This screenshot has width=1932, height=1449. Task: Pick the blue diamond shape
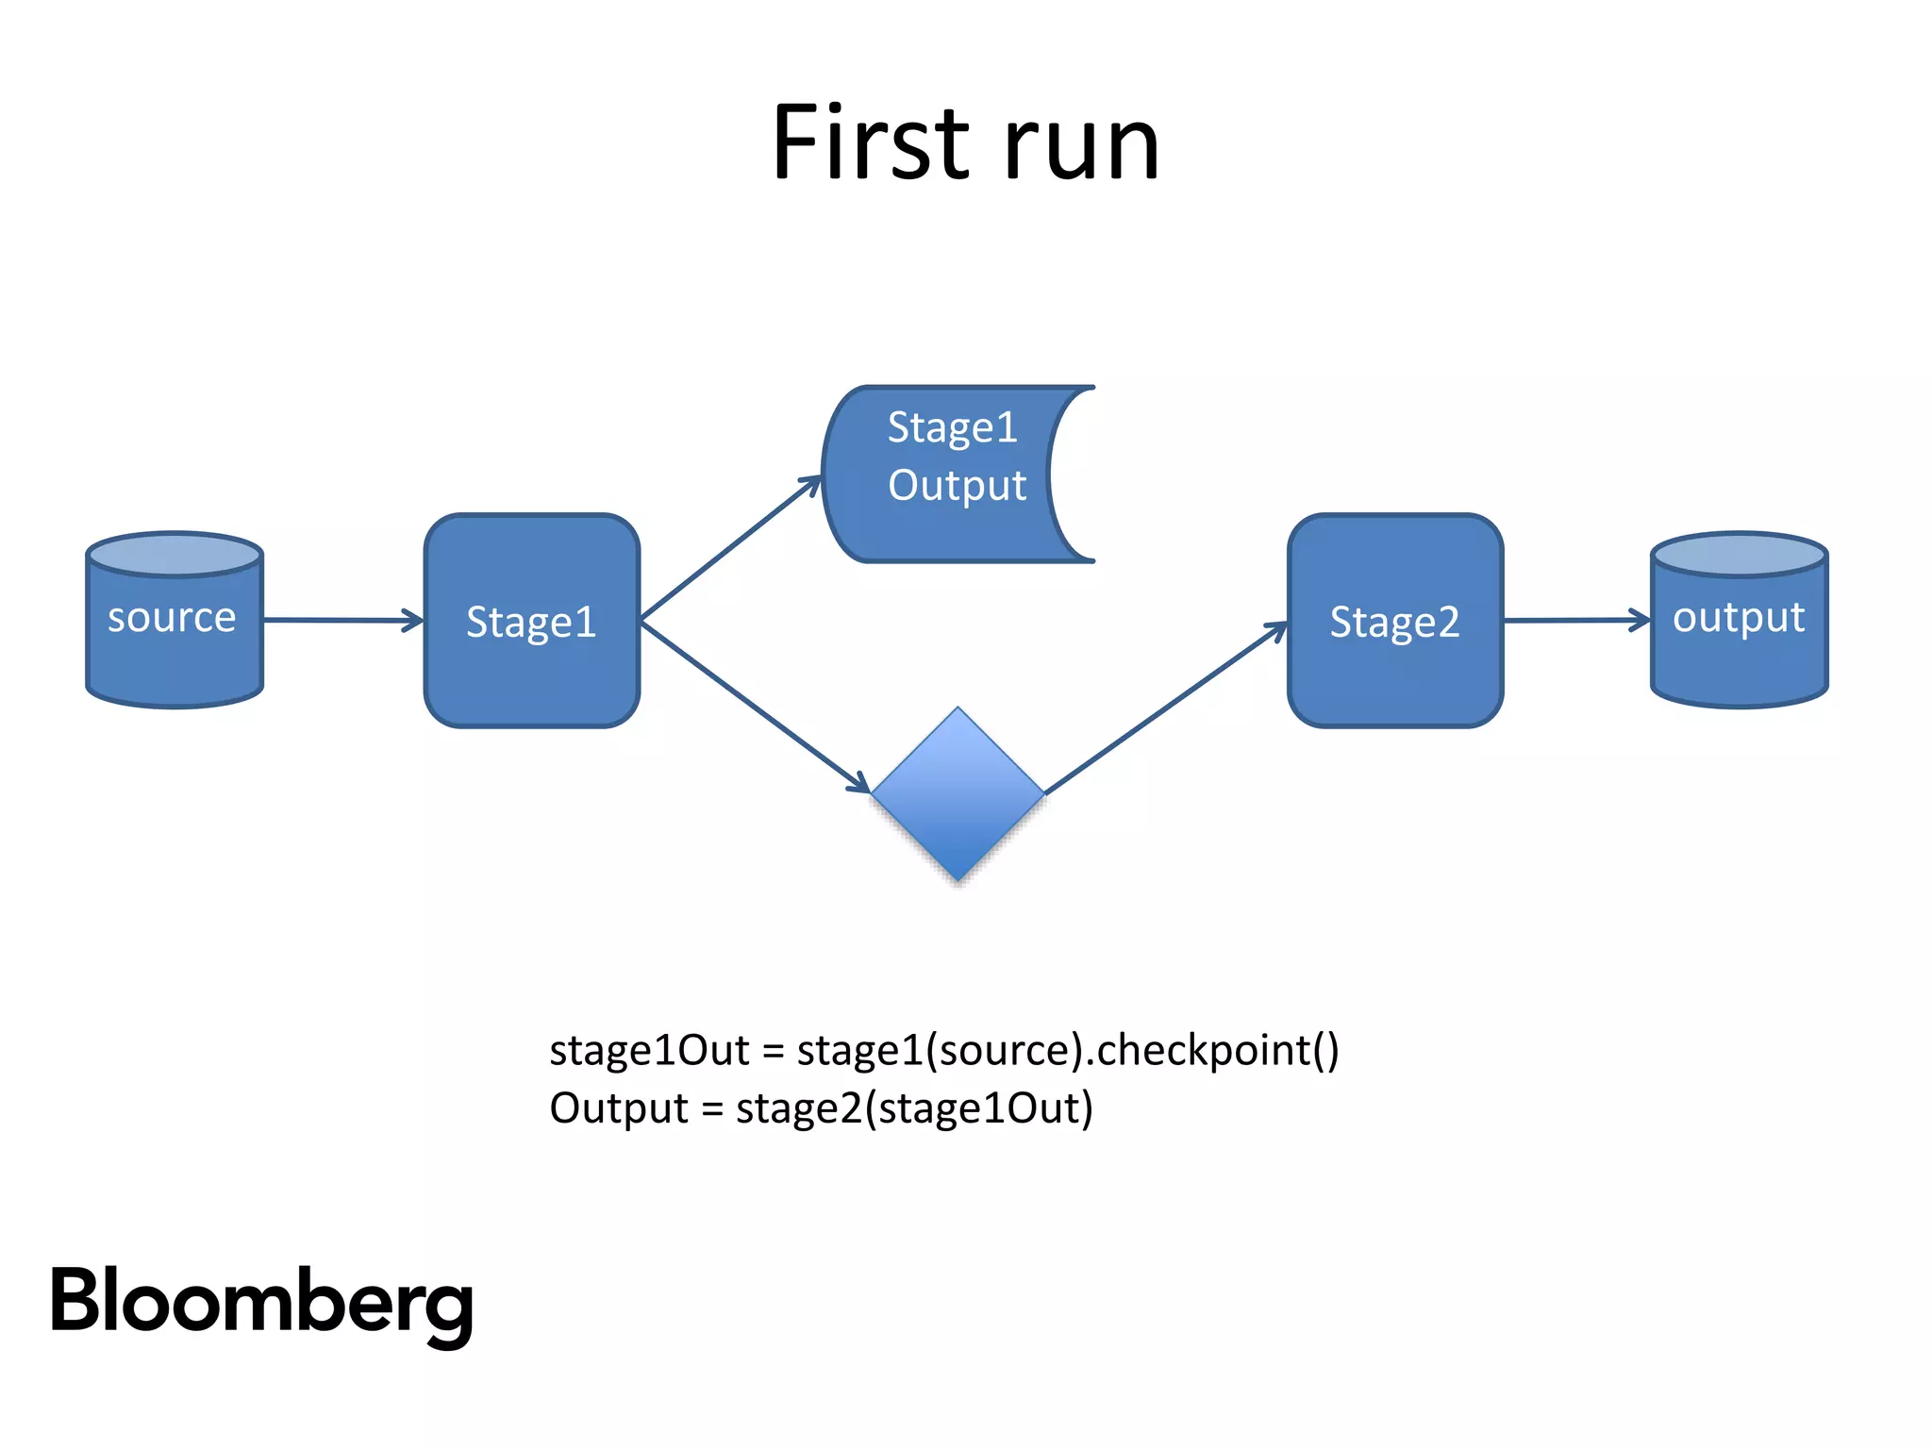pyautogui.click(x=958, y=794)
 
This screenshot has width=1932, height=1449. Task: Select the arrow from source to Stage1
pyautogui.click(x=343, y=620)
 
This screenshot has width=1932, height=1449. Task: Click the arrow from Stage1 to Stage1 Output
pyautogui.click(x=731, y=548)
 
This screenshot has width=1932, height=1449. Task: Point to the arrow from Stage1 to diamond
pyautogui.click(x=755, y=706)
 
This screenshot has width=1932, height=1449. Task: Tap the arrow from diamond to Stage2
pyautogui.click(x=1166, y=708)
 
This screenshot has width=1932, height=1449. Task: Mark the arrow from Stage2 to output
pyautogui.click(x=1575, y=620)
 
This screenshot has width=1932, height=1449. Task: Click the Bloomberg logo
pyautogui.click(x=261, y=1303)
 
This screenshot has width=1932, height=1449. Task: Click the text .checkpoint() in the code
pyautogui.click(x=1211, y=1051)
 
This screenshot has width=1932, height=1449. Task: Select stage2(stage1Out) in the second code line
pyautogui.click(x=914, y=1108)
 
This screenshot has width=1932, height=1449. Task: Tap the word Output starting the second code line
pyautogui.click(x=619, y=1108)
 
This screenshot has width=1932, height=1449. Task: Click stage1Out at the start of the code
pyautogui.click(x=649, y=1051)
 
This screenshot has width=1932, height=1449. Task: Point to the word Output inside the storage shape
pyautogui.click(x=957, y=487)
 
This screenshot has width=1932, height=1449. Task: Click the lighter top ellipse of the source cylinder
pyautogui.click(x=174, y=555)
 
